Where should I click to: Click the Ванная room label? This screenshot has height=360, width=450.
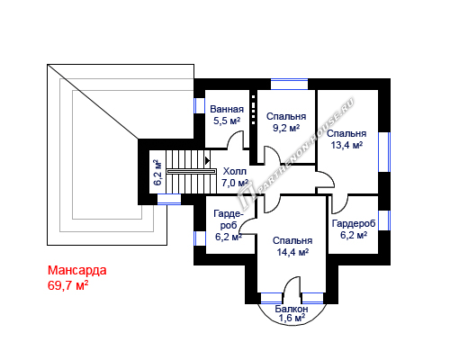pos(227,109)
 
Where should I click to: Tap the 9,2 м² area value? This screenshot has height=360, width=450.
pos(286,128)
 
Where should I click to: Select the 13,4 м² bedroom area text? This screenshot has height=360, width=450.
pos(346,145)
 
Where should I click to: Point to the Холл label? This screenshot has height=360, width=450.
pos(235,171)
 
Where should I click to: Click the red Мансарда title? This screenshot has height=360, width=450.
pos(77,270)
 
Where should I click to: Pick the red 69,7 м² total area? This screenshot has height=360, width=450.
pos(68,285)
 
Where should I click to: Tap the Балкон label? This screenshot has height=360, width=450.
pos(292,309)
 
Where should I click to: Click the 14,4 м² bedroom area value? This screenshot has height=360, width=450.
pos(292,252)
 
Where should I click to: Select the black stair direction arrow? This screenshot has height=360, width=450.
pos(207,160)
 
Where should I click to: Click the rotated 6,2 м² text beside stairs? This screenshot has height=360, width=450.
pos(157,173)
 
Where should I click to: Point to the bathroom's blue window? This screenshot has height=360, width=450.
pos(199,105)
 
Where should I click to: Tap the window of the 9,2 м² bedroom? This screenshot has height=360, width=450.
pos(290,84)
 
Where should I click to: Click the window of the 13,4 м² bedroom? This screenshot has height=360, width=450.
pos(384,152)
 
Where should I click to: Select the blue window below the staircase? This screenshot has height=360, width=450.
pos(169,199)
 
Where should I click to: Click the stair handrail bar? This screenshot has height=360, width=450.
pos(192,171)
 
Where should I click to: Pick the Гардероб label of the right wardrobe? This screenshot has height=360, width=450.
pos(354,223)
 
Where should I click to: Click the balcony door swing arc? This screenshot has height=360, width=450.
pos(289,282)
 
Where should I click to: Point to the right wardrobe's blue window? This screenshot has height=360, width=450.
pos(384,220)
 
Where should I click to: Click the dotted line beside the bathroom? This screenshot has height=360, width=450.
pos(254,110)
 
